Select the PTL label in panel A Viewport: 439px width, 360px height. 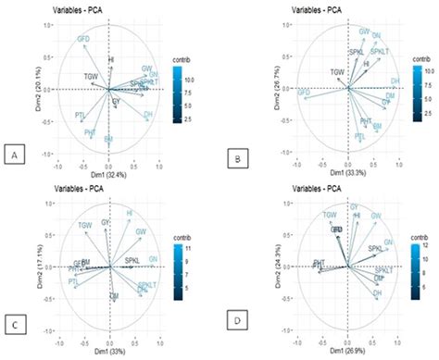(x=80, y=115)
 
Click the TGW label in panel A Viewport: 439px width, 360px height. (x=91, y=75)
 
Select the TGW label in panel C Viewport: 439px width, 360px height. (x=85, y=225)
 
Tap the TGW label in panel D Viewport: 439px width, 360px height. (x=329, y=215)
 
